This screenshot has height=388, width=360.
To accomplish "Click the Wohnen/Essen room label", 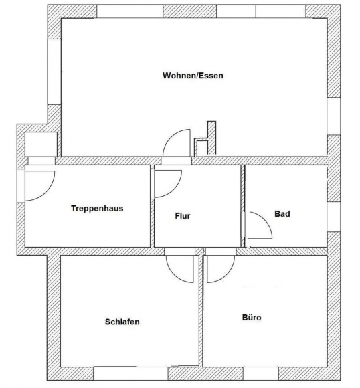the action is pos(193,76).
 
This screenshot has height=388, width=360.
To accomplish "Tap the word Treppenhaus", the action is pos(97,208).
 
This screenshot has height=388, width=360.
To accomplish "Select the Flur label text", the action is pos(183,216).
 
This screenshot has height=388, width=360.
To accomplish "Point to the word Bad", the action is pos(282,214).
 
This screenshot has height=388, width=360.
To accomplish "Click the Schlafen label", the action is pos(122,322).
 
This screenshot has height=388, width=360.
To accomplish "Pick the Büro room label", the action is pos(252,317).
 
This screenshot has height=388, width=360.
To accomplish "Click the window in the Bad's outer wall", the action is pos(334,217).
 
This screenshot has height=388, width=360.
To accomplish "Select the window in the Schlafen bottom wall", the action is pos(130,374).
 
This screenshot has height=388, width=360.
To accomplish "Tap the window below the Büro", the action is pos(261,374).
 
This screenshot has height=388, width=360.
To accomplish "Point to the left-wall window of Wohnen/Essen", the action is pos(54,72).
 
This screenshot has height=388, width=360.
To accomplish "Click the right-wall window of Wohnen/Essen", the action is pos(334,116).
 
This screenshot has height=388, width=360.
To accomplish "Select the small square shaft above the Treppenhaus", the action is pos(41,144).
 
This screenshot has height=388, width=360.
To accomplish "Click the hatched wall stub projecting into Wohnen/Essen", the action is pos(211,138).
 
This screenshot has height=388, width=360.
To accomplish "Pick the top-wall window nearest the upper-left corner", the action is pos(130,11).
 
